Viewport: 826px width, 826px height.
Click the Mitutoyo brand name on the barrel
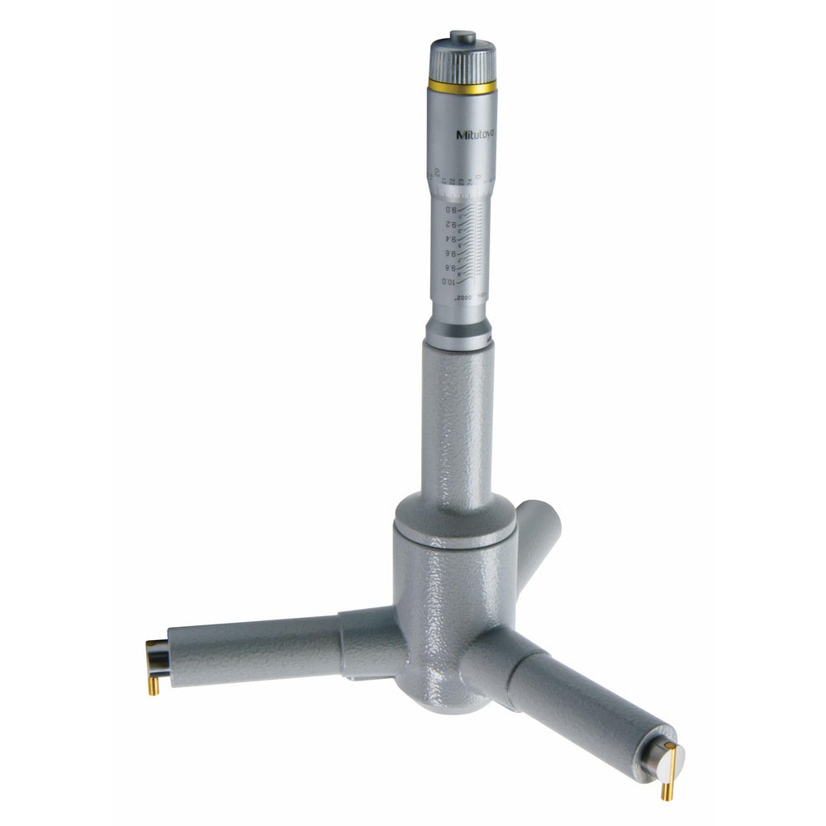[476, 135]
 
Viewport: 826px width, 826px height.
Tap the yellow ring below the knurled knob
[463, 86]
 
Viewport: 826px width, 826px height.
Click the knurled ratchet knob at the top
[463, 60]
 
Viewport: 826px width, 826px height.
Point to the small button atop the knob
[463, 36]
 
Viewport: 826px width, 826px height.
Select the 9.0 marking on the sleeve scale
[450, 211]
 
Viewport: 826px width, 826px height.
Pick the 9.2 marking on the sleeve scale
[451, 225]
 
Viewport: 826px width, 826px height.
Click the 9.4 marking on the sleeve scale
[451, 240]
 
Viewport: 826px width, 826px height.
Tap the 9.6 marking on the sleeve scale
[451, 254]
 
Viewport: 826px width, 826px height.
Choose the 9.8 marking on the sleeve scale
[451, 268]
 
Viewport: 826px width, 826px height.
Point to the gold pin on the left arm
[154, 684]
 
